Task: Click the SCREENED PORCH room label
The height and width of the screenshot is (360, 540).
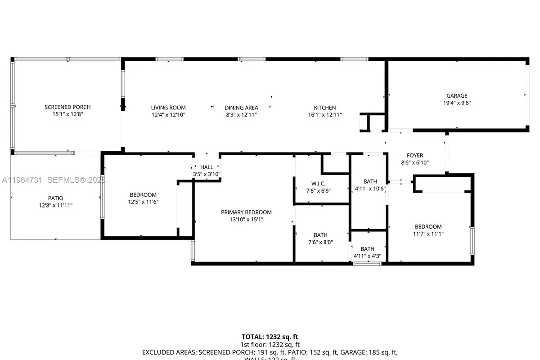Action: pos(67,107)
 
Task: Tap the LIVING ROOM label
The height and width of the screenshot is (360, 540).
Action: pos(168,108)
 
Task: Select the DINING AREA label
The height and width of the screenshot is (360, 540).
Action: pos(242,108)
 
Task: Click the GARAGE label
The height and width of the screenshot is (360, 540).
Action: pos(457,95)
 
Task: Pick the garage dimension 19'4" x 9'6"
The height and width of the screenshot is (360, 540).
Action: pos(457,103)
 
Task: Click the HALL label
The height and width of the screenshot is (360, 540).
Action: pos(207,167)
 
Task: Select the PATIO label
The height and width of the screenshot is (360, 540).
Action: pos(56,198)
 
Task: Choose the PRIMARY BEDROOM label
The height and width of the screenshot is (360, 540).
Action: pos(246,212)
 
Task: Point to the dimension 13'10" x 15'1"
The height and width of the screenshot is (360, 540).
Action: pos(246,220)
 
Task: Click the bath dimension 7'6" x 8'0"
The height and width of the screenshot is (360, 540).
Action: pos(320,242)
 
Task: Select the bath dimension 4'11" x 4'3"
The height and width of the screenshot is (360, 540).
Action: pos(367,256)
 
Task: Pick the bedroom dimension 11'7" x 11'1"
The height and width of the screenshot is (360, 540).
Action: pos(428,234)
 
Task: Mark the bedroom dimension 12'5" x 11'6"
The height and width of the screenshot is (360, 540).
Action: pos(143,202)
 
